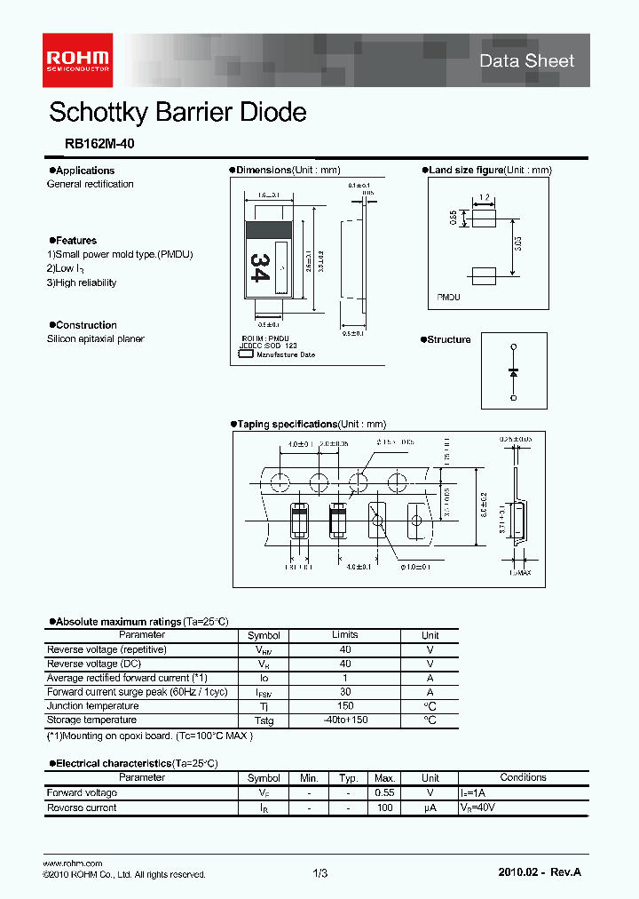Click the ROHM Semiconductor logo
(x=78, y=53)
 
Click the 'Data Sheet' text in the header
(x=526, y=60)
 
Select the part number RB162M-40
(x=99, y=142)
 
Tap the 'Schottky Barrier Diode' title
(x=177, y=113)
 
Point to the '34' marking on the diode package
(x=259, y=267)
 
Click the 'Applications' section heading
(x=84, y=171)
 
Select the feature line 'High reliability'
(x=82, y=282)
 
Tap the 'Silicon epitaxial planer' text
(x=95, y=338)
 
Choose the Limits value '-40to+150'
(x=345, y=720)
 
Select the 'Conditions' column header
(x=523, y=777)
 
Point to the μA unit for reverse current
(x=430, y=808)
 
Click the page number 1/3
(x=320, y=874)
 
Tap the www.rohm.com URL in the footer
(x=73, y=863)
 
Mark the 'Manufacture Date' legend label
(x=286, y=354)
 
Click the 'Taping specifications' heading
(x=287, y=425)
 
